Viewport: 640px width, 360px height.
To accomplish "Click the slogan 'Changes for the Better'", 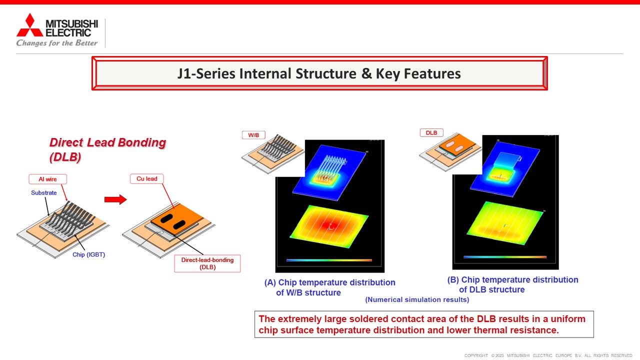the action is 57,43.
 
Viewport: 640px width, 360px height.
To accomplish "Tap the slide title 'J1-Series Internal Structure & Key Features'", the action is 319,73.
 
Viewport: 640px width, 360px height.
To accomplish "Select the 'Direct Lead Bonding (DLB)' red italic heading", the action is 107,149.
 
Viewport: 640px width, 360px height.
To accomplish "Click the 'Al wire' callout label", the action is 47,179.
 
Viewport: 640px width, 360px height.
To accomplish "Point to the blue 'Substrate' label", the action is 43,193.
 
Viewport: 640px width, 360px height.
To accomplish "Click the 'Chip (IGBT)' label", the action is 88,254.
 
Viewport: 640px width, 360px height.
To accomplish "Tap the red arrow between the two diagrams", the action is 115,199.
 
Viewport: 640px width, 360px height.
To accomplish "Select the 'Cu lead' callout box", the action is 147,179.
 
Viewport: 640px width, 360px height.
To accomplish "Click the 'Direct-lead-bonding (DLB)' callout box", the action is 207,263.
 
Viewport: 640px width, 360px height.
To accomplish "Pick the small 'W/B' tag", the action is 253,135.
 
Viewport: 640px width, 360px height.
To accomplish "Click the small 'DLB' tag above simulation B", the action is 431,133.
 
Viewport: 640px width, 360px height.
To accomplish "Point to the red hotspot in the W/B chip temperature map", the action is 328,225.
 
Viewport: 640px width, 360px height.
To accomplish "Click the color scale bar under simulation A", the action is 329,260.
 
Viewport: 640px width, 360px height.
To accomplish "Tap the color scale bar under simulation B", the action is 505,257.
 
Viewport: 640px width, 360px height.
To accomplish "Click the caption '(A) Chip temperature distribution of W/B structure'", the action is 329,287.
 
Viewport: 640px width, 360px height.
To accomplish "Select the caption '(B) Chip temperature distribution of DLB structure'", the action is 513,284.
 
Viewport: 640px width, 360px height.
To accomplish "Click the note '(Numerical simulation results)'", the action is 417,299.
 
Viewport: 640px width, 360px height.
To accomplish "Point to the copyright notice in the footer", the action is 548,355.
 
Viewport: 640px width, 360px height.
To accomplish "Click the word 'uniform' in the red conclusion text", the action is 568,319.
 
